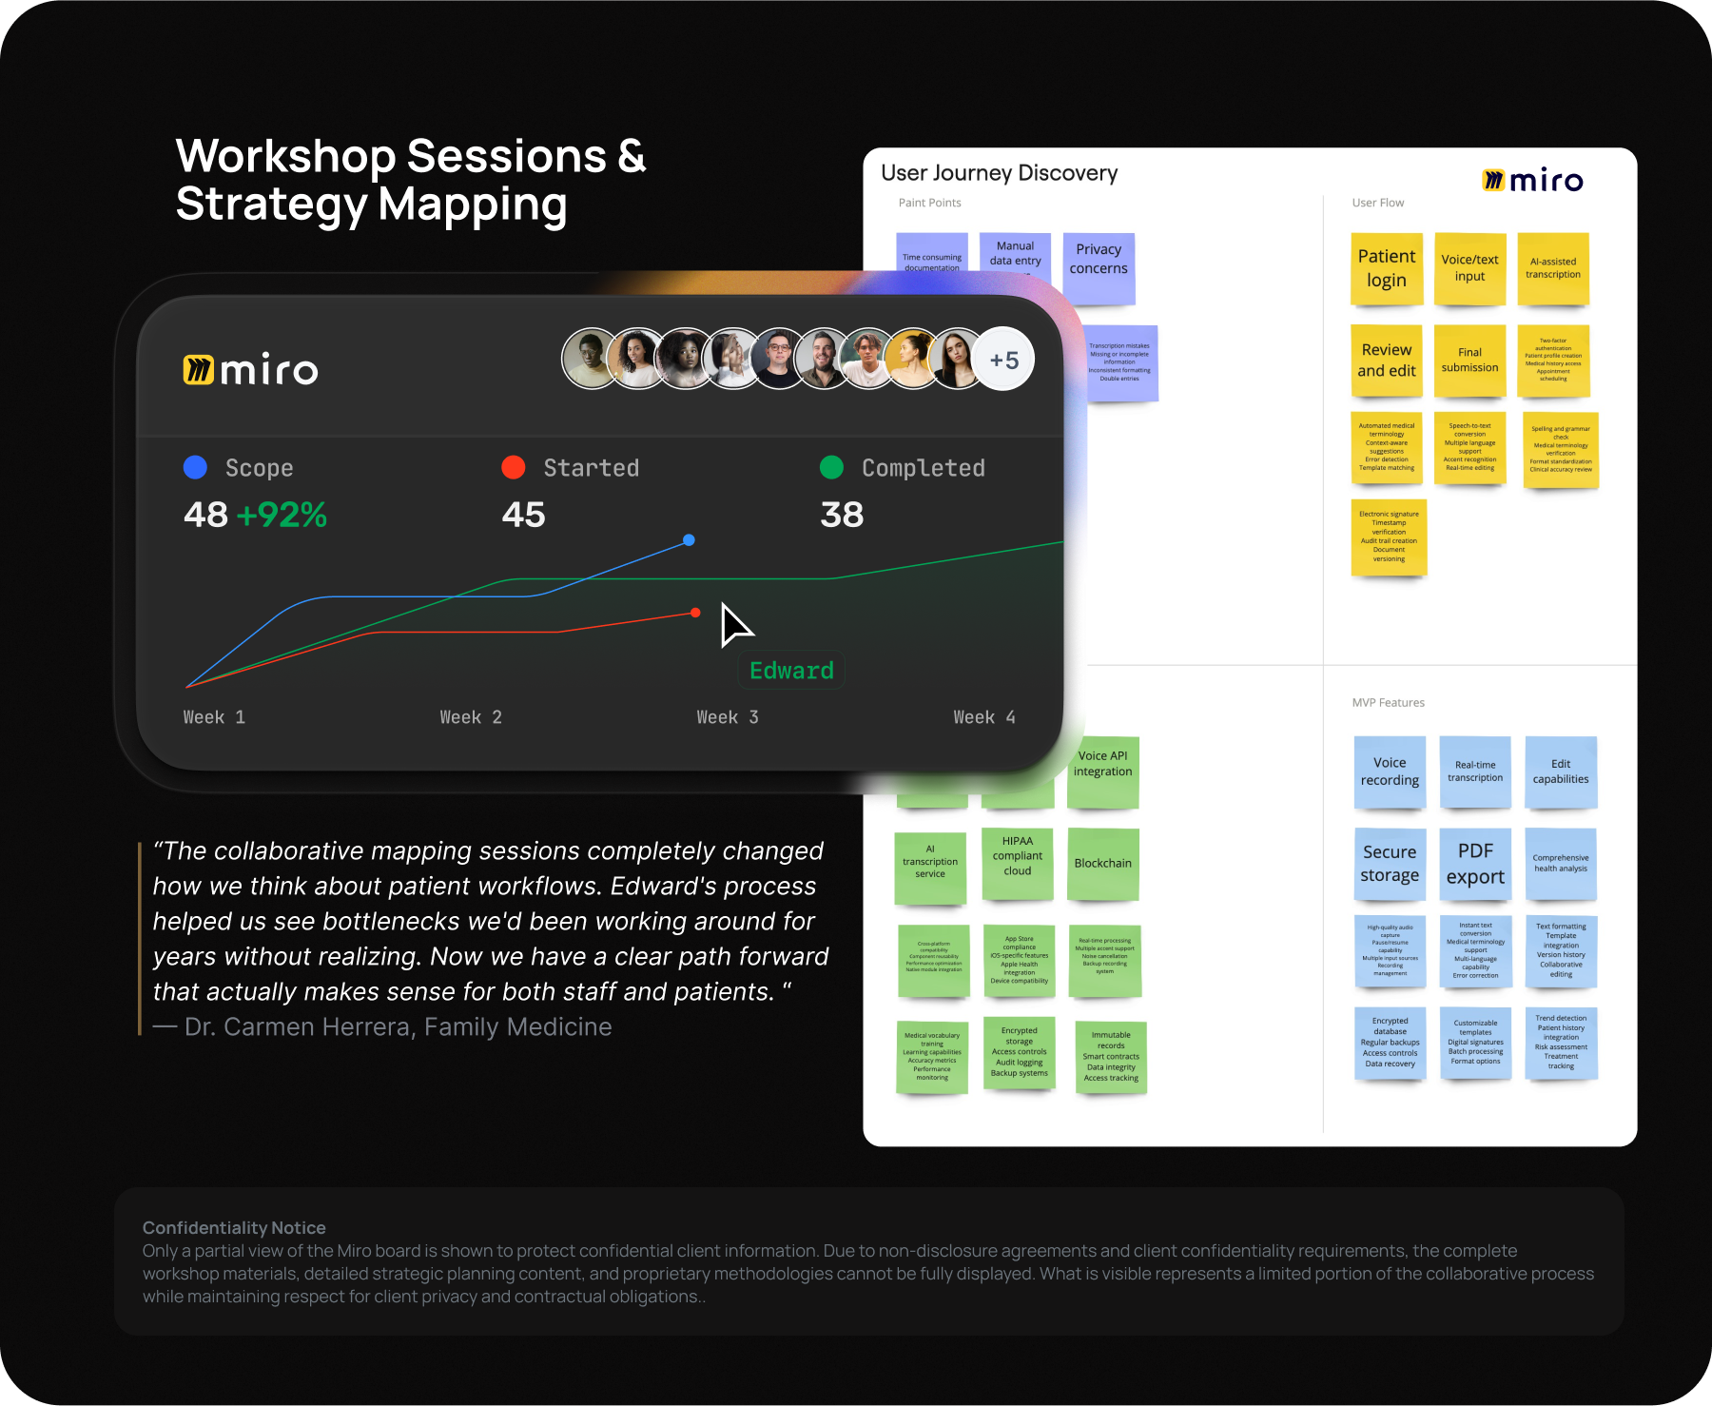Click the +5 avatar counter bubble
[1004, 360]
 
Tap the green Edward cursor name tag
[791, 671]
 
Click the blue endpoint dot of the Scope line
[689, 540]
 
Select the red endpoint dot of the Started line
[695, 613]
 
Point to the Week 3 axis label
[728, 717]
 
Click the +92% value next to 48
[282, 515]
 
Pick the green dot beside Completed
[831, 467]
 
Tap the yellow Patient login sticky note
[1386, 268]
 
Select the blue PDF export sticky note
[1474, 863]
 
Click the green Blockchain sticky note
[1102, 863]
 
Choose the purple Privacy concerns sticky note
[1098, 267]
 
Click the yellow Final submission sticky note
[1469, 360]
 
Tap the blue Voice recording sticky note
[1389, 771]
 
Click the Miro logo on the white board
[1532, 180]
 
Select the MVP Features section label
[1388, 703]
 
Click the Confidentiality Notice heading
[234, 1228]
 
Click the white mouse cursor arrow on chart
[733, 625]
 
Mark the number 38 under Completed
[842, 515]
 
